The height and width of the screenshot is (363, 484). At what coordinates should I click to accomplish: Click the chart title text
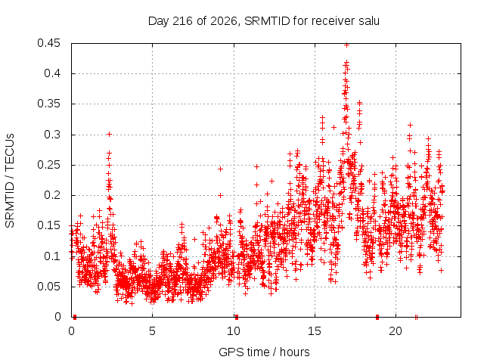[x=264, y=21]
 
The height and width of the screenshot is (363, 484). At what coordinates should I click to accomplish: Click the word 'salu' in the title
[x=369, y=21]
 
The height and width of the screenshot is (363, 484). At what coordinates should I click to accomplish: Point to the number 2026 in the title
[x=224, y=21]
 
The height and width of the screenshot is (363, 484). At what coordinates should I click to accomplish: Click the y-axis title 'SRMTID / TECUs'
[x=10, y=181]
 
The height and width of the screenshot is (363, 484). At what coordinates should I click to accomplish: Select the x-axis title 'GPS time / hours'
[x=264, y=352]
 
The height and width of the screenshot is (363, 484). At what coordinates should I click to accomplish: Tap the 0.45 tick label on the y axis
[x=48, y=43]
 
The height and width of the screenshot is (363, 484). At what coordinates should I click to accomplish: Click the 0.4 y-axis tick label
[x=52, y=73]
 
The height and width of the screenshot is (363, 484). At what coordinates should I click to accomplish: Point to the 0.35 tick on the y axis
[x=48, y=104]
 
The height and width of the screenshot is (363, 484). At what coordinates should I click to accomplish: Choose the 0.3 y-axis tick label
[x=52, y=135]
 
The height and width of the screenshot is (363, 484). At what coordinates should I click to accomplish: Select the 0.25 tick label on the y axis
[x=48, y=165]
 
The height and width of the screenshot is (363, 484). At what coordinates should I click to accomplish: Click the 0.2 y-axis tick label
[x=52, y=195]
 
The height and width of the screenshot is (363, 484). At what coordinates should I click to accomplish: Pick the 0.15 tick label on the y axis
[x=48, y=225]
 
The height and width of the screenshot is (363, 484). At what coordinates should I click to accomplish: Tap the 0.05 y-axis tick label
[x=48, y=287]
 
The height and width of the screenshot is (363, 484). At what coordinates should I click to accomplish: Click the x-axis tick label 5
[x=152, y=331]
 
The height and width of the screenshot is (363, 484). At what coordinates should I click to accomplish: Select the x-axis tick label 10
[x=234, y=331]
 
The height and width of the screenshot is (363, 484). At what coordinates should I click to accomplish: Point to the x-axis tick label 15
[x=315, y=331]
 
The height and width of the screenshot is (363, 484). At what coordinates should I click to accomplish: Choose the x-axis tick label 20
[x=396, y=331]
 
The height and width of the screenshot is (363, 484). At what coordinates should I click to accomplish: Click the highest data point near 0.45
[x=346, y=45]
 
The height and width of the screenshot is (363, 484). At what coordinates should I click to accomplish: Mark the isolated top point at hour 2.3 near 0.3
[x=109, y=134]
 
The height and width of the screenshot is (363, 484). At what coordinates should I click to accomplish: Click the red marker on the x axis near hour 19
[x=377, y=317]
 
